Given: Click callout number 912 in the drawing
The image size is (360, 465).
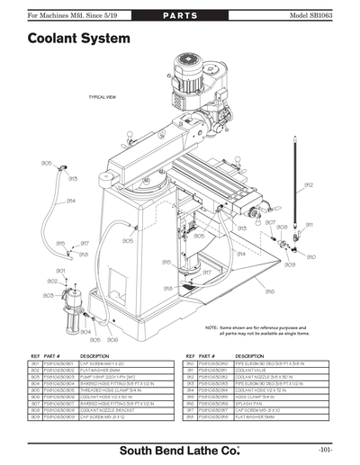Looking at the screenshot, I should (x=309, y=184).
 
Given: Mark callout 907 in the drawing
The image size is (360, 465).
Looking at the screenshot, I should (x=269, y=222).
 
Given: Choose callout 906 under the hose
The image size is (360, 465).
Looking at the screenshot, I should (x=112, y=340).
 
